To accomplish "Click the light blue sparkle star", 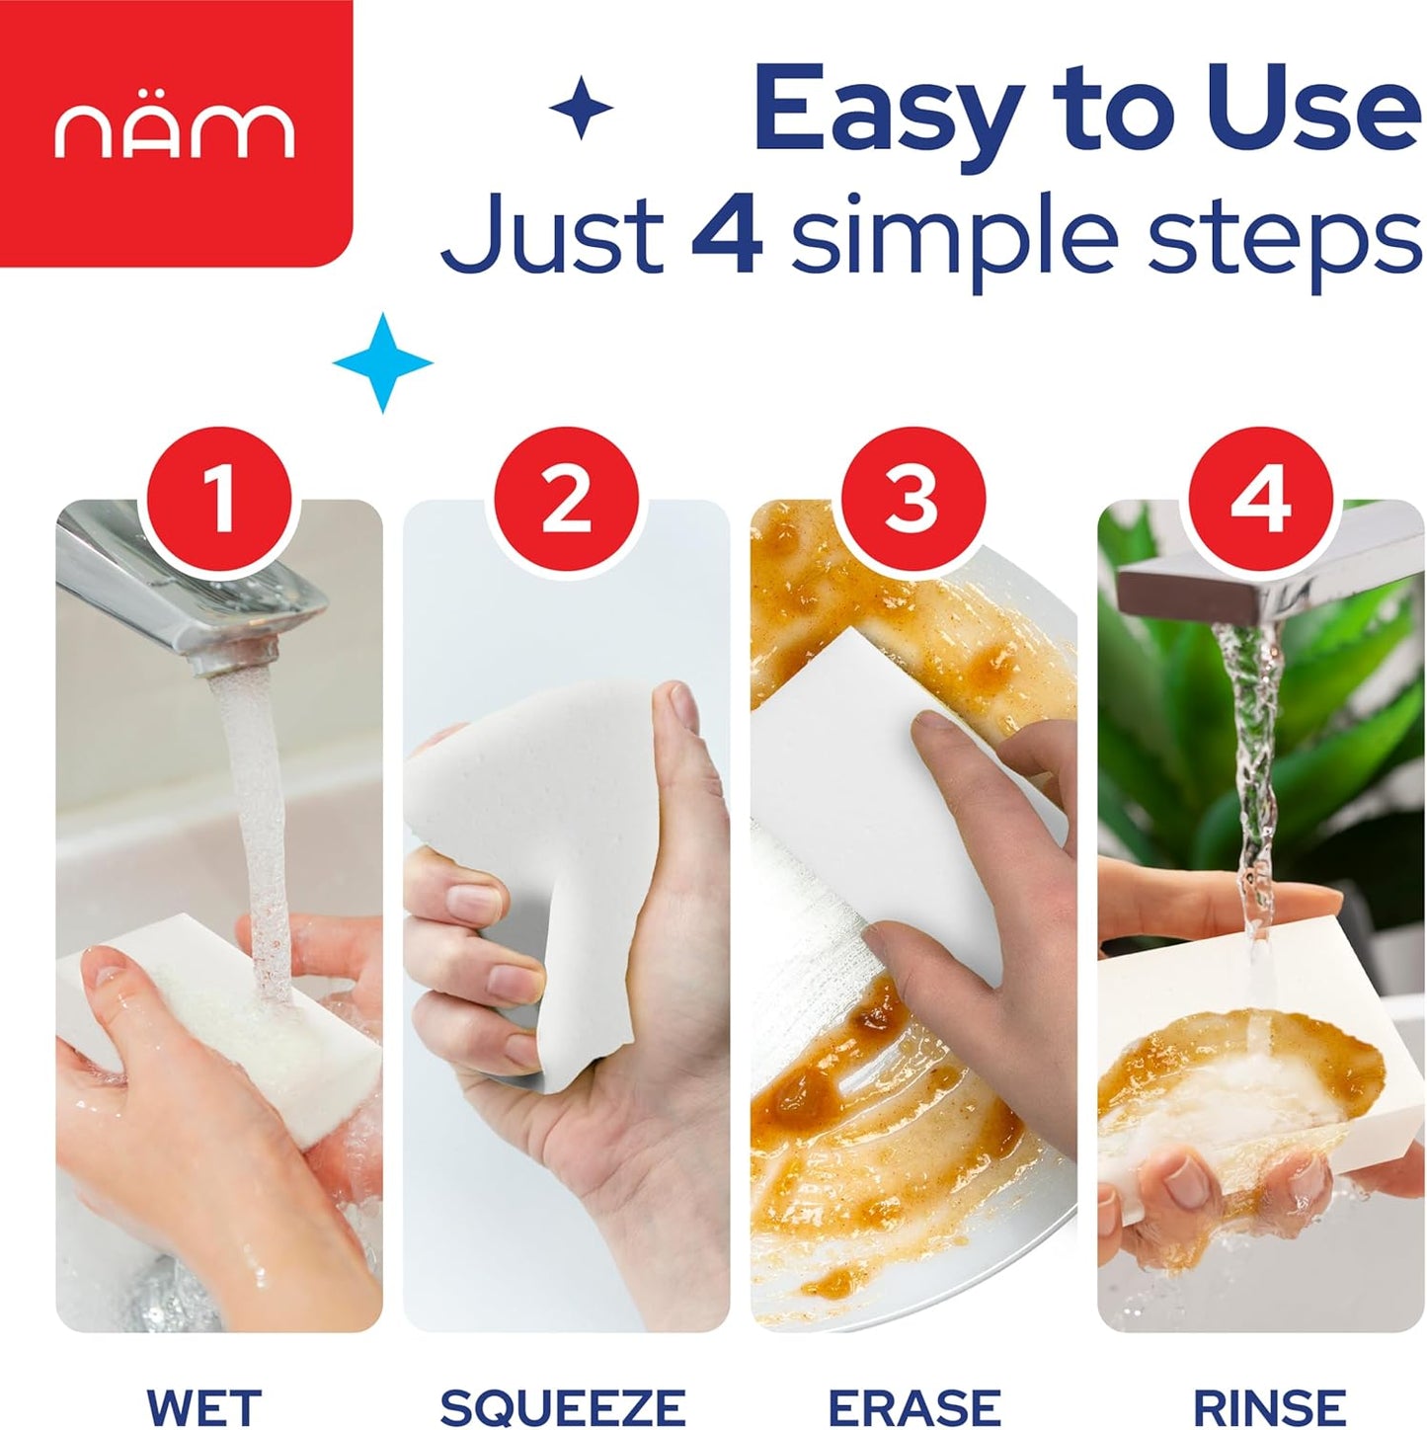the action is pyautogui.click(x=383, y=362).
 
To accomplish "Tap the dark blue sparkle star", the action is pyautogui.click(x=582, y=109).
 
